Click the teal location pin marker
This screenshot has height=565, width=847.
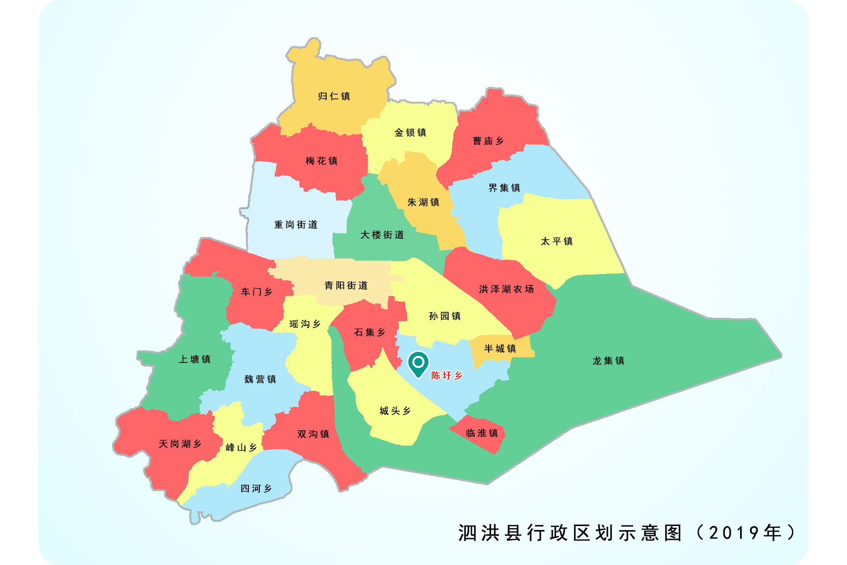point(418,363)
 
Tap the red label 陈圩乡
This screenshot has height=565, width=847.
point(446,375)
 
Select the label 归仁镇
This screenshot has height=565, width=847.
point(334,96)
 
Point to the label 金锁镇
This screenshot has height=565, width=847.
point(410,132)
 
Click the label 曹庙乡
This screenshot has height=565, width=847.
point(488,141)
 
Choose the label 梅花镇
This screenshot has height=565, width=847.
point(322,161)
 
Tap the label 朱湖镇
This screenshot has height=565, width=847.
point(423,202)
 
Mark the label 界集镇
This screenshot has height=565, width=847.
point(504,188)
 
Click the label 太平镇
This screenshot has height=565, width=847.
point(557,241)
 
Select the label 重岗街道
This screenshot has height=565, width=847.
point(296,225)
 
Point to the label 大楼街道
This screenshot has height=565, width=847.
point(382,235)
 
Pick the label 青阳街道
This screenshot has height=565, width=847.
point(346,285)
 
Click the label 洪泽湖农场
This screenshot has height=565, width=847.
point(507,289)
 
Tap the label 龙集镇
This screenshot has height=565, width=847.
point(609,361)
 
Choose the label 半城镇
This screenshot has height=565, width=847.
point(500,348)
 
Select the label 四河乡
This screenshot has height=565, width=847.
point(256,488)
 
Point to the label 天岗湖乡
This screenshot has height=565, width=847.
point(180,444)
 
